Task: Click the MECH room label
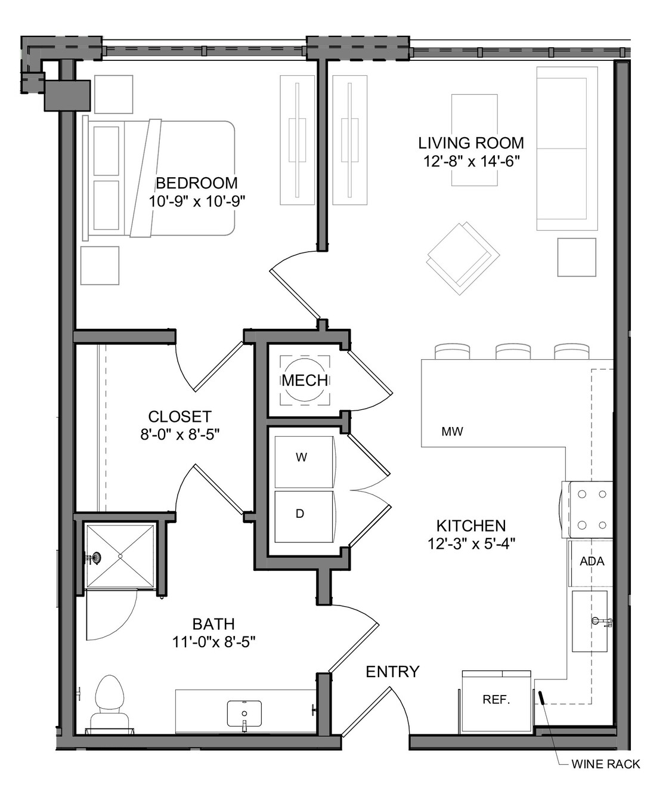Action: [305, 381]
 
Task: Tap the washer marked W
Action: [304, 462]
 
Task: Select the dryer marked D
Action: [304, 517]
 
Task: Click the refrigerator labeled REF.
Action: [496, 700]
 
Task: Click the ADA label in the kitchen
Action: [592, 561]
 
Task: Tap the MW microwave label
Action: [452, 432]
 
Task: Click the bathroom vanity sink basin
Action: [244, 713]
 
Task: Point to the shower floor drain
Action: [120, 556]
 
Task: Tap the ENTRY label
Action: [393, 671]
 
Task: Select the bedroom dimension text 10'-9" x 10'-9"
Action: [197, 201]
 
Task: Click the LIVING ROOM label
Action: [471, 143]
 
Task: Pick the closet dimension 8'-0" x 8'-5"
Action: [179, 434]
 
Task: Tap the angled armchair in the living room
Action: [463, 258]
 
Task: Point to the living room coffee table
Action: [475, 140]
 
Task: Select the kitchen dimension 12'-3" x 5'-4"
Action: [471, 543]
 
